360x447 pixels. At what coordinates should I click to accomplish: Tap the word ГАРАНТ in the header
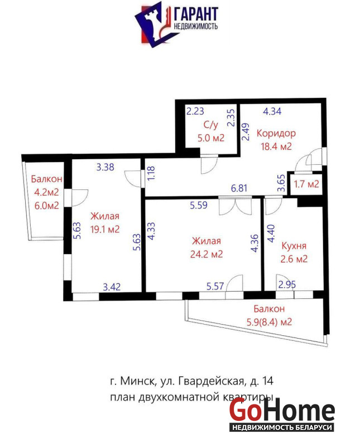[x=196, y=13]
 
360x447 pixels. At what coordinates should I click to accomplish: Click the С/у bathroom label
[x=211, y=125]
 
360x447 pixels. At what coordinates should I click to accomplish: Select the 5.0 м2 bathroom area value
[x=211, y=138]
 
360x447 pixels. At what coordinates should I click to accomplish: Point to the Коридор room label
[x=276, y=133]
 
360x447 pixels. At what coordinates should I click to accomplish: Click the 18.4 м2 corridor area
[x=276, y=146]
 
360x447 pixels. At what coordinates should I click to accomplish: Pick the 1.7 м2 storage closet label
[x=306, y=184]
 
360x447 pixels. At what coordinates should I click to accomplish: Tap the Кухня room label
[x=294, y=245]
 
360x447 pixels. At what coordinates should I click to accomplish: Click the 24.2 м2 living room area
[x=207, y=254]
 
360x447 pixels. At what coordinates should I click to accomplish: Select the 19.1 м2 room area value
[x=105, y=229]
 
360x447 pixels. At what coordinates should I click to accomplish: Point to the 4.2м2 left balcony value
[x=46, y=192]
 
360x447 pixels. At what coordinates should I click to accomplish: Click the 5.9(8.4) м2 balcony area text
[x=269, y=322]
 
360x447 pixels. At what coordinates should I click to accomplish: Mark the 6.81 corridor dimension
[x=239, y=188]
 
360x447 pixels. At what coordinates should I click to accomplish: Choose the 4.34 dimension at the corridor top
[x=272, y=111]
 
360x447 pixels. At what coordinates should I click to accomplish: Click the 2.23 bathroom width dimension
[x=195, y=111]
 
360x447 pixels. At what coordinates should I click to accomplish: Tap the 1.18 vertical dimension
[x=151, y=173]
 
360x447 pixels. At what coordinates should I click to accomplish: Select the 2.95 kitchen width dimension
[x=287, y=284]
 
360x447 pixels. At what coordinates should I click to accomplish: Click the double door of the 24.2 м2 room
[x=235, y=206]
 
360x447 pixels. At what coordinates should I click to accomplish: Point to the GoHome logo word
[x=282, y=410]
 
